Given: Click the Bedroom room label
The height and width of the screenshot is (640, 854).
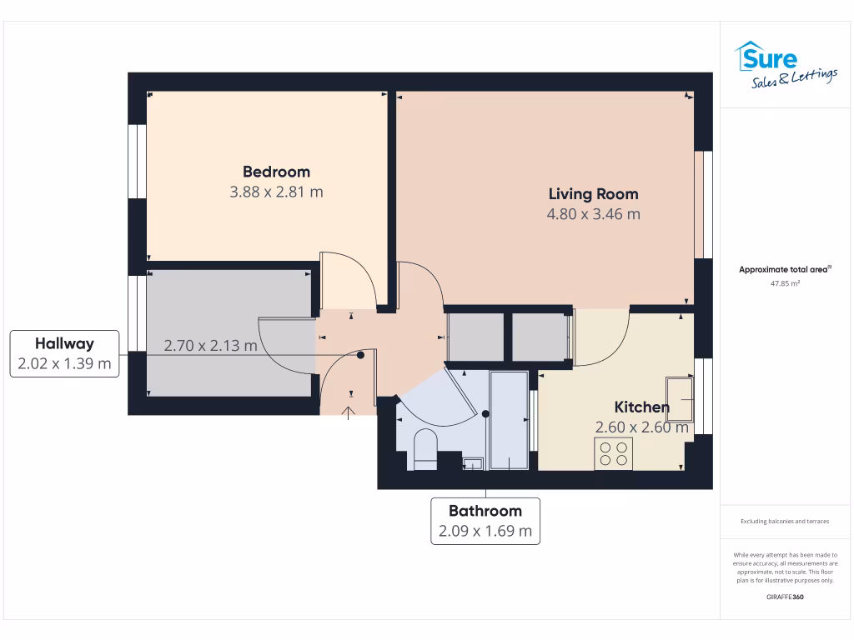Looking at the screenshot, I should (x=276, y=172).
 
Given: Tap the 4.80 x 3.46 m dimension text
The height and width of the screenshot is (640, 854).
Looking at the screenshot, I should (x=593, y=214).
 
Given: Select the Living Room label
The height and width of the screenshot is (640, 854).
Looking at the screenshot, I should (x=593, y=194).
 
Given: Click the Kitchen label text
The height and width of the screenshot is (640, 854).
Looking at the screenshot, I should (x=641, y=407).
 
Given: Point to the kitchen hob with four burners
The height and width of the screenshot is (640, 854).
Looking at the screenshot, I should (x=613, y=453).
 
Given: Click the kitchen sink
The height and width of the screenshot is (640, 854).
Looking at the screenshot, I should (x=680, y=399).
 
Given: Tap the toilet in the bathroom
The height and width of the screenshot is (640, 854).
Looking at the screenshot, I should (x=424, y=450).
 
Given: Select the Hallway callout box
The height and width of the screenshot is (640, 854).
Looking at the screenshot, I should (x=64, y=353).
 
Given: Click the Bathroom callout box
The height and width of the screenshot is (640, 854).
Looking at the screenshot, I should (x=485, y=521).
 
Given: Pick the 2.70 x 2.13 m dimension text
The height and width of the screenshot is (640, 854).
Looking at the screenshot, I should (x=210, y=345).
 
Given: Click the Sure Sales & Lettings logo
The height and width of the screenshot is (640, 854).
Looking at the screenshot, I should (x=786, y=66).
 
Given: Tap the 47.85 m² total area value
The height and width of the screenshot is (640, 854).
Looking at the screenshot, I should (x=785, y=283).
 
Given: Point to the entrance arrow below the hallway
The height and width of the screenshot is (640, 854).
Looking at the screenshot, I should (x=349, y=412).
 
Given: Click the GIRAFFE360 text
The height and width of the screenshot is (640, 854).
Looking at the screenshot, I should (x=785, y=597).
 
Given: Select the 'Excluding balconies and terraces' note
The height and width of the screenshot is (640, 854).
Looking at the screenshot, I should (x=785, y=522).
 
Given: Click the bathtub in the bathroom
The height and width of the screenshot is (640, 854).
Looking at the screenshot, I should (x=509, y=422).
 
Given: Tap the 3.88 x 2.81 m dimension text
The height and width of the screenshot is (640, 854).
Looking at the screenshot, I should (x=276, y=192).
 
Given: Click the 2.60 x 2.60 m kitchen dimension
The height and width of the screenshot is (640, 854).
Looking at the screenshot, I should (x=641, y=427).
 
